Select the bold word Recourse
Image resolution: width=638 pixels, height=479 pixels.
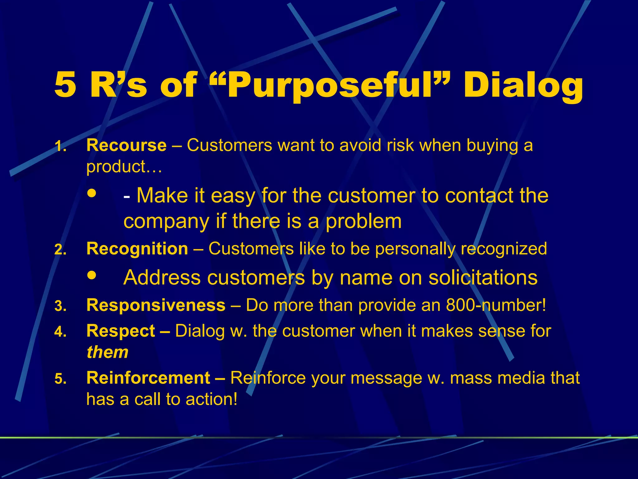[x=126, y=145]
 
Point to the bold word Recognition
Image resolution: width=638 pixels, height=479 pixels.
[x=137, y=249]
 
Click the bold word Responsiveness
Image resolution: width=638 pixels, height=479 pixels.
[x=156, y=305]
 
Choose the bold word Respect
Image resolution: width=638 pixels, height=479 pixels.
[x=121, y=331]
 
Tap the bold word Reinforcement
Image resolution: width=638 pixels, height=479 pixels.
[x=148, y=378]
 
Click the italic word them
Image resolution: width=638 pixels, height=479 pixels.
[x=107, y=352]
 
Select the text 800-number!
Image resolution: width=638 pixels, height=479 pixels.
[x=496, y=305]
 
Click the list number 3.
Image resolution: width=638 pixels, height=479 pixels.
[x=60, y=306]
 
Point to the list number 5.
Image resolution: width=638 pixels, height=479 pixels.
[x=60, y=379]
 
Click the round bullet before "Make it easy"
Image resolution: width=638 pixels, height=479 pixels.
[x=92, y=193]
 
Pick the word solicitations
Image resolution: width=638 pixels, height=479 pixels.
[x=483, y=277]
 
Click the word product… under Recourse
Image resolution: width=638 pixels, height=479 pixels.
[x=124, y=167]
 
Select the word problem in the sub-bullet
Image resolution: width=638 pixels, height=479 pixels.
[x=364, y=221]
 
